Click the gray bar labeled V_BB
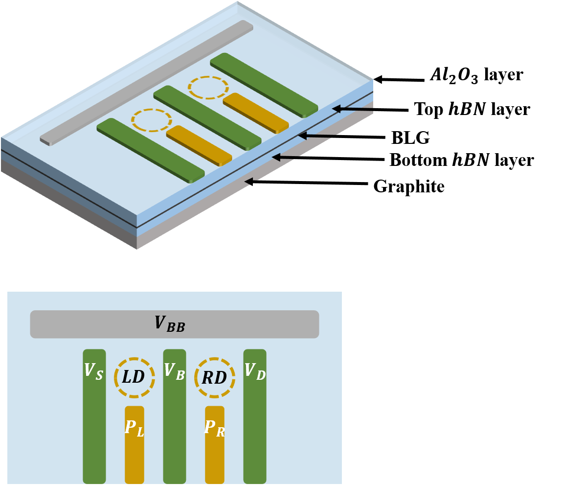tap(174, 324)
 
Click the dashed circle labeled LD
tap(135, 377)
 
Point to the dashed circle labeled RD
tap(215, 377)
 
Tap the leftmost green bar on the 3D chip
tap(151, 150)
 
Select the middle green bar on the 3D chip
tap(207, 118)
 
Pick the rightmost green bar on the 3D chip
tap(264, 85)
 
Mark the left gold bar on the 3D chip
tap(199, 145)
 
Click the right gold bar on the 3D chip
tap(256, 113)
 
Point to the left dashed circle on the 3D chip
tap(152, 120)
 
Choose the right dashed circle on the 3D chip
tap(208, 88)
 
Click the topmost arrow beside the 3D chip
tap(352, 109)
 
